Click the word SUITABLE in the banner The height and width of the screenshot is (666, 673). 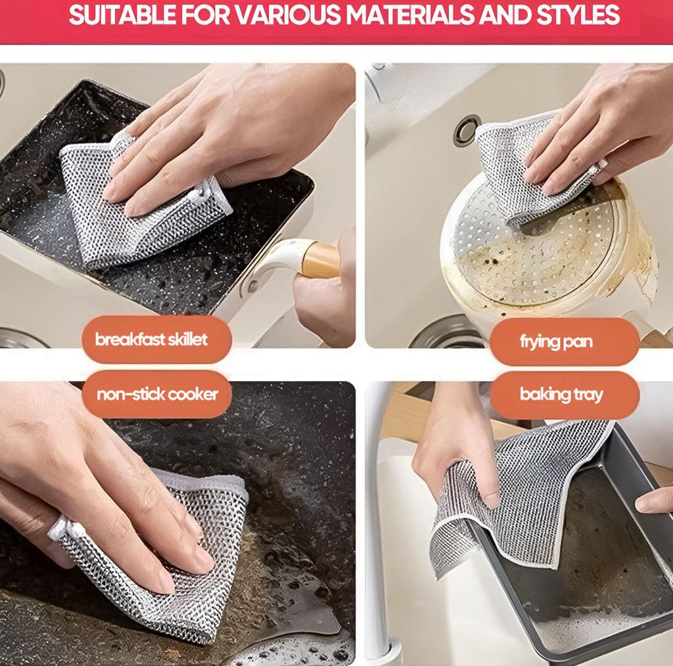coord(122,14)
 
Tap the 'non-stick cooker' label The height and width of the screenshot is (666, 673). coord(156,394)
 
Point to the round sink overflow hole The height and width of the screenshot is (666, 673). coord(467,130)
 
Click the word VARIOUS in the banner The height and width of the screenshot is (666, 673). coord(288,14)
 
